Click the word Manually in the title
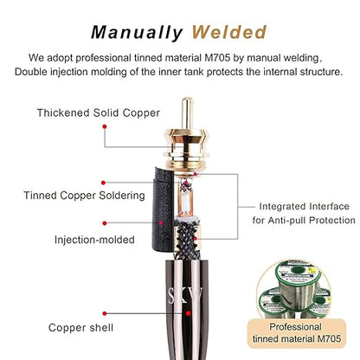[137, 32]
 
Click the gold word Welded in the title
[229, 32]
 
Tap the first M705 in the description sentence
[217, 58]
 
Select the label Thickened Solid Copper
[99, 112]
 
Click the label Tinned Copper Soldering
[84, 196]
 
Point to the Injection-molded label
[94, 240]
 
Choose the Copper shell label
[80, 327]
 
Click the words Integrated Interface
[304, 206]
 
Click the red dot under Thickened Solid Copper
[105, 126]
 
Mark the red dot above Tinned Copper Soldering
[104, 183]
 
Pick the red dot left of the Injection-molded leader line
[105, 223]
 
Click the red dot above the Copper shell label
[105, 313]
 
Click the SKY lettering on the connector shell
[185, 295]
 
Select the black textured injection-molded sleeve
[163, 210]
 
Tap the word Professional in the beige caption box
[295, 327]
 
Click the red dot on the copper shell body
[188, 313]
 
